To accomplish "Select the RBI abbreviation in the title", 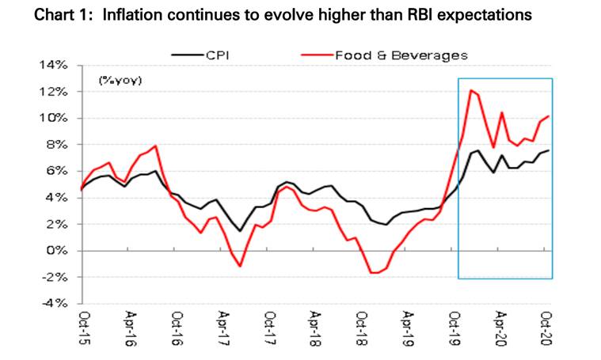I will [412, 16].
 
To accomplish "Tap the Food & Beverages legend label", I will [401, 55].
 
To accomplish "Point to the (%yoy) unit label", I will [120, 80].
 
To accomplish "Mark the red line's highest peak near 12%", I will [471, 90].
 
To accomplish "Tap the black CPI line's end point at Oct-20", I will [549, 150].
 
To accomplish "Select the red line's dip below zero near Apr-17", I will [240, 266].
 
